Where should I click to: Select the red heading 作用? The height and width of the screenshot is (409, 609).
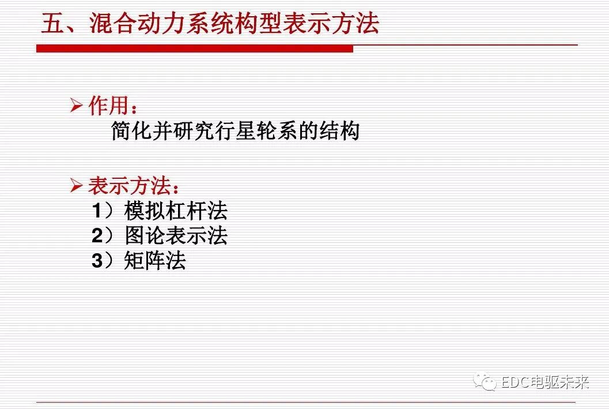(108, 106)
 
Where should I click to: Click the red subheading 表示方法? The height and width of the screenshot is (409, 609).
(129, 186)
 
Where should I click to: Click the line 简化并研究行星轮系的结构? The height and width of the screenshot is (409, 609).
(235, 131)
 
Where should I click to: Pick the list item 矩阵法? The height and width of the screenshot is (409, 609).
(155, 261)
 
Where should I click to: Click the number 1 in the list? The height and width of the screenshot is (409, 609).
(97, 211)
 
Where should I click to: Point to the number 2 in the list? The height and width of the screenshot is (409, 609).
(97, 236)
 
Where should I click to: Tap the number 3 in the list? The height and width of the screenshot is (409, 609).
(97, 261)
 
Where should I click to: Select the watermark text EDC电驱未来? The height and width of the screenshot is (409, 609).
(544, 382)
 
